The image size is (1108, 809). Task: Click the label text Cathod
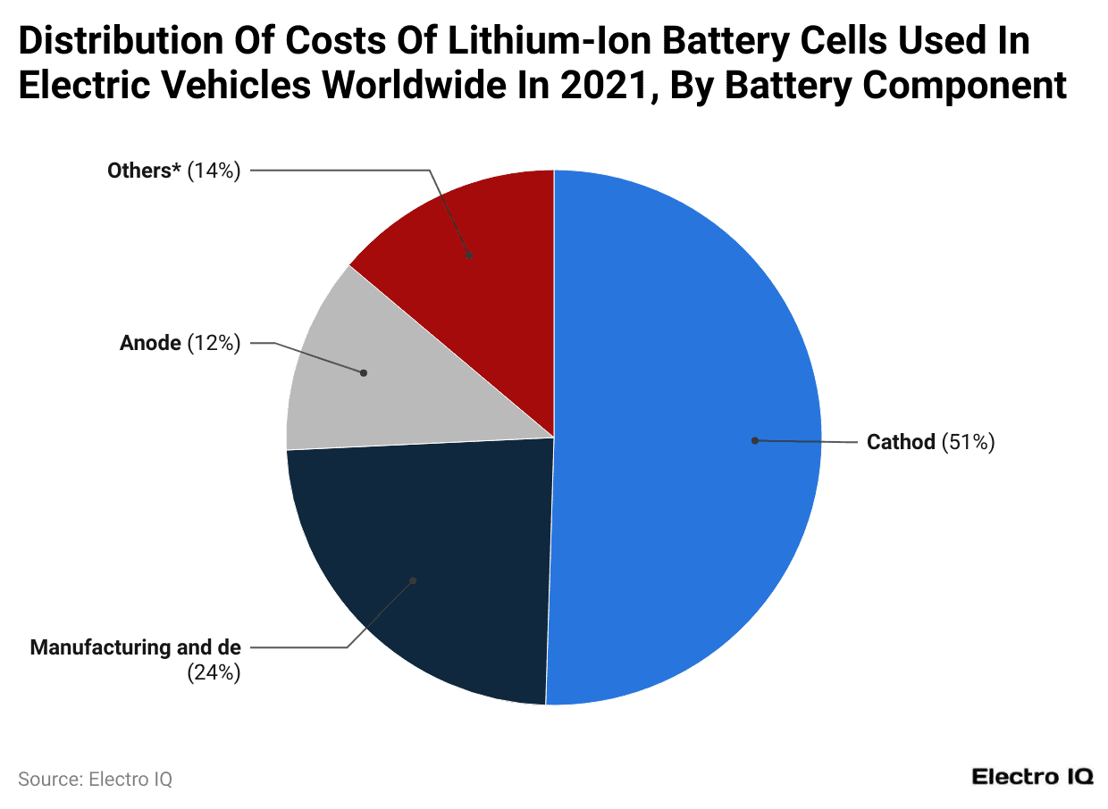pyautogui.click(x=901, y=442)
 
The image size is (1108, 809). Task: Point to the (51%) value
pyautogui.click(x=968, y=442)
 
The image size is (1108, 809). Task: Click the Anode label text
pyautogui.click(x=150, y=343)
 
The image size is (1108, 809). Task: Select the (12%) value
pyautogui.click(x=214, y=343)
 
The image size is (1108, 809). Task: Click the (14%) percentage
pyautogui.click(x=214, y=171)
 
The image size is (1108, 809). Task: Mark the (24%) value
pyautogui.click(x=214, y=672)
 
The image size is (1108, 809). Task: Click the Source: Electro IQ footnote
pyautogui.click(x=95, y=779)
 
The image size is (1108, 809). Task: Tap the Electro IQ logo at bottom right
pyautogui.click(x=1032, y=777)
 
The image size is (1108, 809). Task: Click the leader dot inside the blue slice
pyautogui.click(x=755, y=440)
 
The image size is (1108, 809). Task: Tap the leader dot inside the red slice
pyautogui.click(x=469, y=255)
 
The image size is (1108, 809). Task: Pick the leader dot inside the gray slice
pyautogui.click(x=364, y=373)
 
